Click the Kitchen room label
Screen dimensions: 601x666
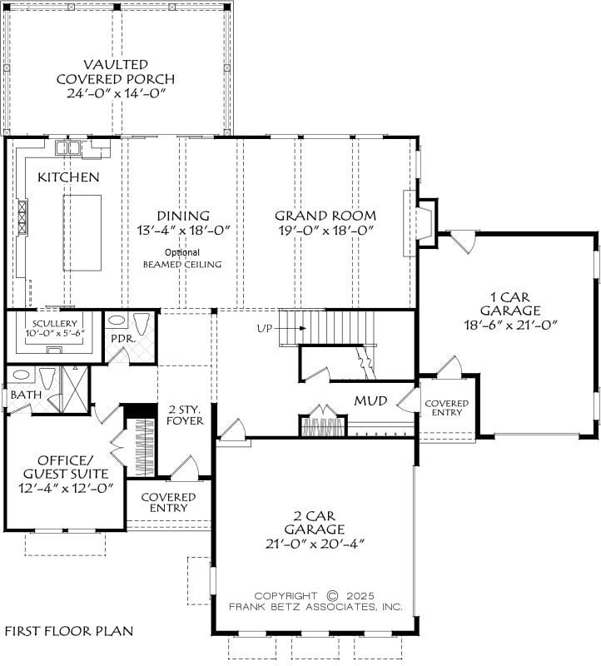pyautogui.click(x=68, y=177)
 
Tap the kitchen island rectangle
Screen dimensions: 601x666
pyautogui.click(x=82, y=233)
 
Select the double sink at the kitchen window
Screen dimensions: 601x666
pyautogui.click(x=68, y=147)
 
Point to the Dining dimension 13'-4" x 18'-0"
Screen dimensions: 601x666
pyautogui.click(x=183, y=231)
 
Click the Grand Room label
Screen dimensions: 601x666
pyautogui.click(x=325, y=216)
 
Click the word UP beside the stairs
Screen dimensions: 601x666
pyautogui.click(x=265, y=328)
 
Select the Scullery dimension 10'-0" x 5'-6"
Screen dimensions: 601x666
pyautogui.click(x=55, y=332)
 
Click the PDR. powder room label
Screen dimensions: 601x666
pyautogui.click(x=123, y=339)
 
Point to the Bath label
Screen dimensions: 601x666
pyautogui.click(x=26, y=395)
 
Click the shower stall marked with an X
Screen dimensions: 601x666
pyautogui.click(x=75, y=390)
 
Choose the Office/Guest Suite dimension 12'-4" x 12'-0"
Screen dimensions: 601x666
pyautogui.click(x=66, y=488)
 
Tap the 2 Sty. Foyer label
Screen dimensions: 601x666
pyautogui.click(x=185, y=415)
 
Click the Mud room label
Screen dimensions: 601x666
pyautogui.click(x=370, y=400)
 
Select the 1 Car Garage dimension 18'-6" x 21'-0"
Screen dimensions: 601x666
pyautogui.click(x=510, y=325)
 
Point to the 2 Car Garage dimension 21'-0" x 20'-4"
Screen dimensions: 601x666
pyautogui.click(x=315, y=544)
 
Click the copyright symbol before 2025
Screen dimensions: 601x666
pyautogui.click(x=333, y=595)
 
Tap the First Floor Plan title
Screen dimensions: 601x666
pyautogui.click(x=69, y=631)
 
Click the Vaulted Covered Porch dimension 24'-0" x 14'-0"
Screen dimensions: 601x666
pyautogui.click(x=116, y=93)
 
